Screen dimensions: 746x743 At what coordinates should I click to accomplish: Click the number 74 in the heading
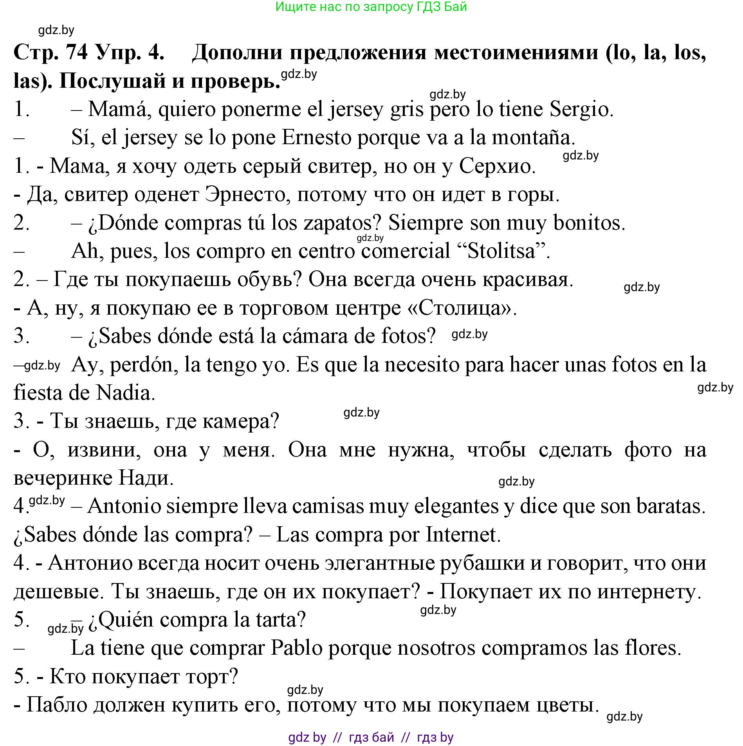click(x=77, y=52)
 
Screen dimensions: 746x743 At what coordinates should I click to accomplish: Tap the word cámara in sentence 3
click(x=313, y=336)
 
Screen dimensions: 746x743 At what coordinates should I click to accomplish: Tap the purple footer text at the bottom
click(x=371, y=737)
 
